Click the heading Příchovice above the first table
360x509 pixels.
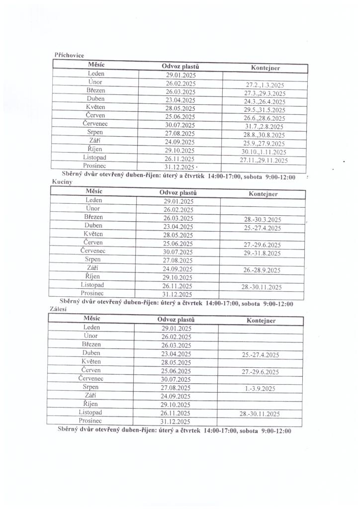coord(69,55)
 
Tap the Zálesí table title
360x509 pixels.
coord(59,309)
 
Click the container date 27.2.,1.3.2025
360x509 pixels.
coord(265,85)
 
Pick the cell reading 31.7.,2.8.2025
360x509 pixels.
coord(265,126)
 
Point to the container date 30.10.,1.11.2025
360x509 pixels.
coord(264,152)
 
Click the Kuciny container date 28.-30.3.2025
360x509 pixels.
coord(263,219)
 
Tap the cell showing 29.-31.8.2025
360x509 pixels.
coord(262,253)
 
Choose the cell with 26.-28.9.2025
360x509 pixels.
coord(262,270)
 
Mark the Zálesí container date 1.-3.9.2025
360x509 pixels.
coord(261,389)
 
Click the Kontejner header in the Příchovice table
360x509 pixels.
coord(265,68)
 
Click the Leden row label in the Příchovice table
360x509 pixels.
coord(95,74)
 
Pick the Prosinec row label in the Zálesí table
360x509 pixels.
coord(90,421)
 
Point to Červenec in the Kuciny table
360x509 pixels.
coord(93,251)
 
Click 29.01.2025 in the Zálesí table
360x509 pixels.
coord(177,329)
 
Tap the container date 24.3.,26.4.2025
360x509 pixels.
coord(265,101)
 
